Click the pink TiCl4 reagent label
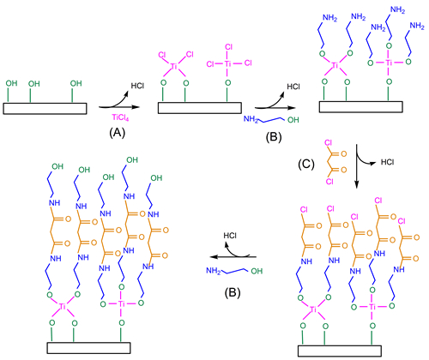tap(120, 117)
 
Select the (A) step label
tap(118, 133)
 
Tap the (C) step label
tap(306, 164)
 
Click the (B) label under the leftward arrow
tap(233, 292)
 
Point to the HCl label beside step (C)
tap(387, 162)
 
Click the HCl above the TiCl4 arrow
tap(137, 86)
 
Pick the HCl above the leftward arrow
tap(230, 236)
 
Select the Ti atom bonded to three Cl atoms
tap(227, 63)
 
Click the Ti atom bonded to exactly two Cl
tap(174, 67)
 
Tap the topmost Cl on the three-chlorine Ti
tap(228, 47)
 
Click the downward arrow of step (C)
tap(356, 166)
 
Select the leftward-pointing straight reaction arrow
tap(233, 257)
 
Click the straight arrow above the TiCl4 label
tap(119, 107)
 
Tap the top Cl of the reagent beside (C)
tap(329, 142)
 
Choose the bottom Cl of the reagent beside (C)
tap(329, 181)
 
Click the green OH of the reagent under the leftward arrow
tap(257, 271)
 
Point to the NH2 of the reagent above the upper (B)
tap(251, 118)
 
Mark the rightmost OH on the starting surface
tap(76, 83)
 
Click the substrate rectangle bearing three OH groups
tap(45, 109)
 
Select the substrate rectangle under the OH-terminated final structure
tap(88, 348)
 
